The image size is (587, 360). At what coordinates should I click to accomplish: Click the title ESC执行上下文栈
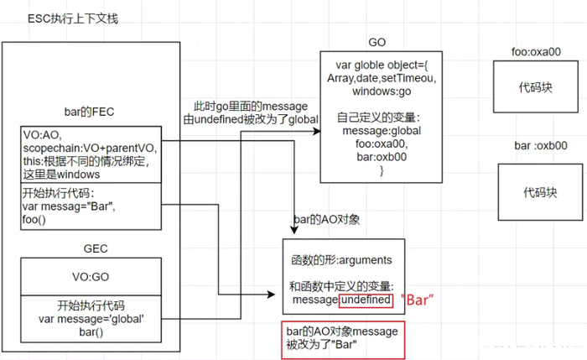72,18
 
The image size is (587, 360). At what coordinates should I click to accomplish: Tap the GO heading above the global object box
377,42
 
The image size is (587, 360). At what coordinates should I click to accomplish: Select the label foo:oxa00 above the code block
536,52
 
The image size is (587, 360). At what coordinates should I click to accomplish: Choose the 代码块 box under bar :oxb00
540,192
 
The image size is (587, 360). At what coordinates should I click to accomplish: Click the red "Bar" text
421,299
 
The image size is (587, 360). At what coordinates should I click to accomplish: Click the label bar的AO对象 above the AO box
327,220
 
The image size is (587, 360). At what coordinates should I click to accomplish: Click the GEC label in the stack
94,249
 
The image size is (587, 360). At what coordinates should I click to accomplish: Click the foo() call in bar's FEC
36,219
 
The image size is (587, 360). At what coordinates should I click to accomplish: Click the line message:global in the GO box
382,131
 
